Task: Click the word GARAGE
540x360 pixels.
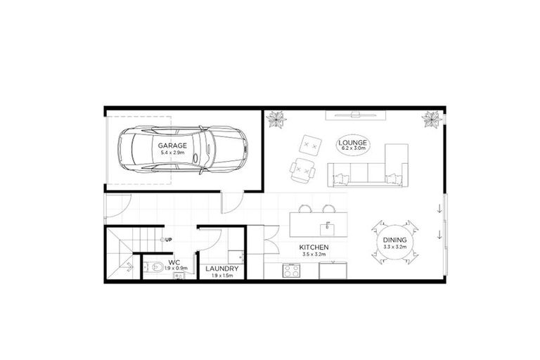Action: [x=172, y=145]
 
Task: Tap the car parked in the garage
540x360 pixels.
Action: [x=211, y=150]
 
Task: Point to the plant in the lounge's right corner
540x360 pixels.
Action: [x=430, y=120]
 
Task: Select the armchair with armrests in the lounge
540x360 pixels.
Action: [x=303, y=170]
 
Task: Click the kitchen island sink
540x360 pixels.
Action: [x=327, y=228]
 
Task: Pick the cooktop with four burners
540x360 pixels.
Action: [x=292, y=270]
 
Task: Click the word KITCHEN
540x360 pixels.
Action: [x=314, y=248]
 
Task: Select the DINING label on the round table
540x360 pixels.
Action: [x=394, y=241]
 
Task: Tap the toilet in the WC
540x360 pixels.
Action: [x=154, y=266]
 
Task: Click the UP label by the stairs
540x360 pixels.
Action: [x=169, y=240]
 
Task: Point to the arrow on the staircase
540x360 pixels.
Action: [x=129, y=266]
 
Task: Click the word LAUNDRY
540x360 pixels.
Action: [x=221, y=269]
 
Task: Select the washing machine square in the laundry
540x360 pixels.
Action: [x=236, y=257]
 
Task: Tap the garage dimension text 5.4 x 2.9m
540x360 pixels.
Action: [x=172, y=153]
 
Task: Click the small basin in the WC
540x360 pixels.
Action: [x=178, y=276]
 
